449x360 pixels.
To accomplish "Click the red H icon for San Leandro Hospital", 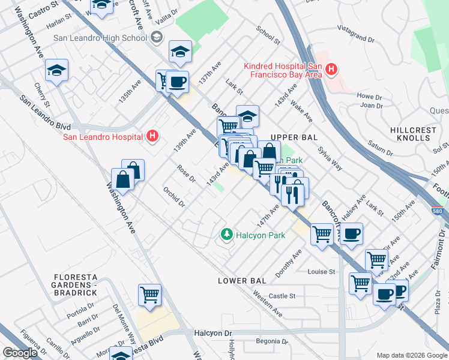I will pyautogui.click(x=152, y=136).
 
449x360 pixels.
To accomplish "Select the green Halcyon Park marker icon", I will pyautogui.click(x=226, y=235).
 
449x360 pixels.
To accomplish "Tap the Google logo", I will pyautogui.click(x=19, y=353).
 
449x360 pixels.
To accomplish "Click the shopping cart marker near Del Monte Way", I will pyautogui.click(x=149, y=295).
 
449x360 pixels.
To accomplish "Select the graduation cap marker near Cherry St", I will pyautogui.click(x=57, y=71).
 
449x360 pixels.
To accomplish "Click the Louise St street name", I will pyautogui.click(x=321, y=272).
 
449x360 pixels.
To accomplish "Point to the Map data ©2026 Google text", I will pyautogui.click(x=411, y=355).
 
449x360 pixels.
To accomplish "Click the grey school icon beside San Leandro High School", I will pyautogui.click(x=156, y=38).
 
